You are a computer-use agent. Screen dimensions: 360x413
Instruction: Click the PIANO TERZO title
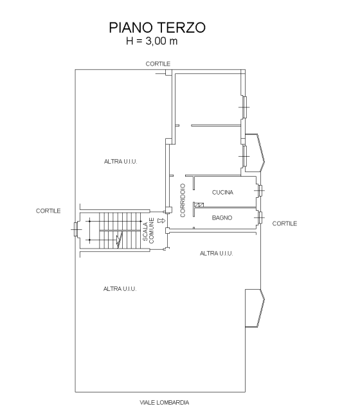pyautogui.click(x=157, y=28)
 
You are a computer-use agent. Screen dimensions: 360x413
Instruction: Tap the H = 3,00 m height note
pyautogui.click(x=152, y=41)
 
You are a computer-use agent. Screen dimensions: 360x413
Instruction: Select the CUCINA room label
pyautogui.click(x=222, y=192)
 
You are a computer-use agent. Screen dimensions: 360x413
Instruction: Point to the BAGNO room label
pyautogui.click(x=222, y=218)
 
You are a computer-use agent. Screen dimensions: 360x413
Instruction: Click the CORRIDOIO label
pyautogui.click(x=183, y=200)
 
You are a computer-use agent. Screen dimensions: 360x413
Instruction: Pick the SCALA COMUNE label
pyautogui.click(x=148, y=231)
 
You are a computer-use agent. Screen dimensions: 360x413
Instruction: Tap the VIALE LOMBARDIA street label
pyautogui.click(x=164, y=403)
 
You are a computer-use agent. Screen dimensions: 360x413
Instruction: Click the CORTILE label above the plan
pyautogui.click(x=158, y=64)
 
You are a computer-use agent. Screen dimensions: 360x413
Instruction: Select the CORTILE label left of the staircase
pyautogui.click(x=48, y=211)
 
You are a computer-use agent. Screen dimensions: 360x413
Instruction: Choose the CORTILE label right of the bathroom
pyautogui.click(x=285, y=224)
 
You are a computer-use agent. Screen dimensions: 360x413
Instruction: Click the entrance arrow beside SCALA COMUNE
pyautogui.click(x=161, y=220)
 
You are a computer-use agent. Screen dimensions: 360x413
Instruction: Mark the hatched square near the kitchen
pyautogui.click(x=201, y=205)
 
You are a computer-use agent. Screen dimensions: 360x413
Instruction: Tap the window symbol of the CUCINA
pyautogui.click(x=260, y=190)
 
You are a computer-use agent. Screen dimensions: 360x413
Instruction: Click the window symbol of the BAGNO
pyautogui.click(x=260, y=218)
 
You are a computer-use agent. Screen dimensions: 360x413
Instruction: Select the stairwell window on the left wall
pyautogui.click(x=76, y=229)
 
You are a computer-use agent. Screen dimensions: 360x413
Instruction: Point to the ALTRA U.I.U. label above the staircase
pyautogui.click(x=121, y=161)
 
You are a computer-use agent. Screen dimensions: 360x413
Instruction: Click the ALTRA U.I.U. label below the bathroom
pyautogui.click(x=217, y=253)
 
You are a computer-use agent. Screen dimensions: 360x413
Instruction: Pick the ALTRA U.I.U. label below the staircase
pyautogui.click(x=120, y=289)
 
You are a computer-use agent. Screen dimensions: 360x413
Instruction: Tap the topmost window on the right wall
pyautogui.click(x=244, y=107)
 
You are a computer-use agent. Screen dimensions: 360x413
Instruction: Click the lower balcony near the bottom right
pyautogui.click(x=255, y=308)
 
